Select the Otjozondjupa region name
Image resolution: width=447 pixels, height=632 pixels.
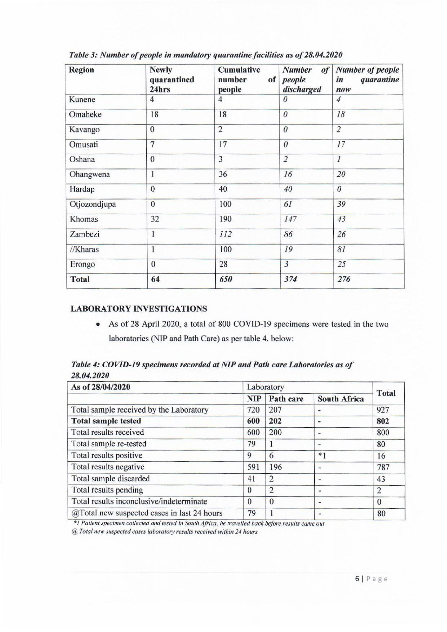pyautogui.click(x=93, y=205)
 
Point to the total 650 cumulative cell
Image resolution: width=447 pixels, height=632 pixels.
pyautogui.click(x=225, y=279)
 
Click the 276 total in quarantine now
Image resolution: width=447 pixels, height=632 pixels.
pyautogui.click(x=344, y=279)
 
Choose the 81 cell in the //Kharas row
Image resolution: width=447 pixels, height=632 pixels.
pyautogui.click(x=341, y=249)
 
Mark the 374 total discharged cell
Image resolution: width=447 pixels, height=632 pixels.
pyautogui.click(x=290, y=279)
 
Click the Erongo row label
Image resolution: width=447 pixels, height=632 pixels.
pyautogui.click(x=82, y=264)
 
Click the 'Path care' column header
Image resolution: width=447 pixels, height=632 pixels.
pyautogui.click(x=286, y=399)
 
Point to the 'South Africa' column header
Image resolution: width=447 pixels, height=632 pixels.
pyautogui.click(x=341, y=399)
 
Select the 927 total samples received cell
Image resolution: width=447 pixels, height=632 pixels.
pyautogui.click(x=383, y=410)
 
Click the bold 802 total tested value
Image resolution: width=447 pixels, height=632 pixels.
pyautogui.click(x=383, y=421)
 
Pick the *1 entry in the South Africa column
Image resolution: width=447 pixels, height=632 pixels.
pyautogui.click(x=322, y=456)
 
